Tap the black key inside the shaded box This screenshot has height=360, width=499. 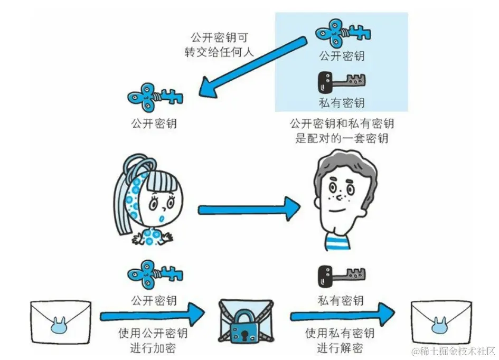pyautogui.click(x=341, y=81)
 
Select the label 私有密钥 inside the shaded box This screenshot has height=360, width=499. pyautogui.click(x=342, y=102)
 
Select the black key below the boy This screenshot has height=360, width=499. pyautogui.click(x=341, y=276)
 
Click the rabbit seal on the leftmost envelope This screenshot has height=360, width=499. pyautogui.click(x=60, y=328)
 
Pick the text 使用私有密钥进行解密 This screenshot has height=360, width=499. pyautogui.click(x=340, y=340)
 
